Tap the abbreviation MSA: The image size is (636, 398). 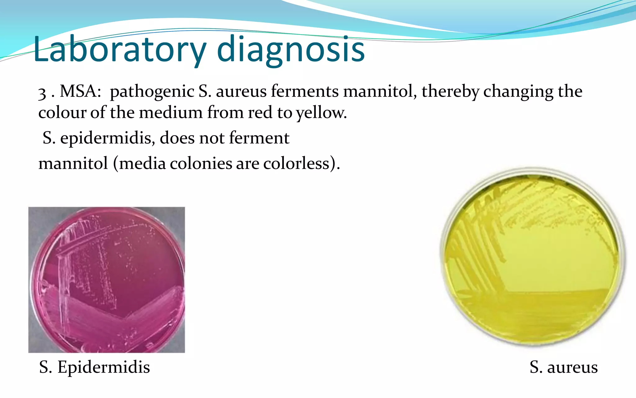tap(80, 91)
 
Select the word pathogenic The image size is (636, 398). tap(152, 91)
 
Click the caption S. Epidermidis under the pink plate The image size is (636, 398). tap(94, 367)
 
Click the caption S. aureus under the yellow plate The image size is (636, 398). tap(563, 367)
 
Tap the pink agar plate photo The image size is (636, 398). tap(107, 280)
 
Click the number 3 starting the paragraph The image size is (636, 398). tap(42, 93)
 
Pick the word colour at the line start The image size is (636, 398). tap(62, 113)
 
